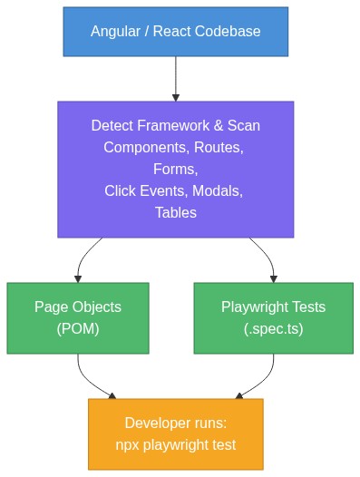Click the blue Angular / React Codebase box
(175, 32)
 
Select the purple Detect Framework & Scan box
(175, 170)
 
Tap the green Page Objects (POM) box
(78, 318)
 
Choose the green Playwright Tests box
(273, 318)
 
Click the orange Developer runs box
(175, 433)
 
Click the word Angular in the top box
(114, 32)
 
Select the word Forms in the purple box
(175, 170)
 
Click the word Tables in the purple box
(175, 213)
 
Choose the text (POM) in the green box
(78, 329)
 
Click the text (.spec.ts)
(273, 329)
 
